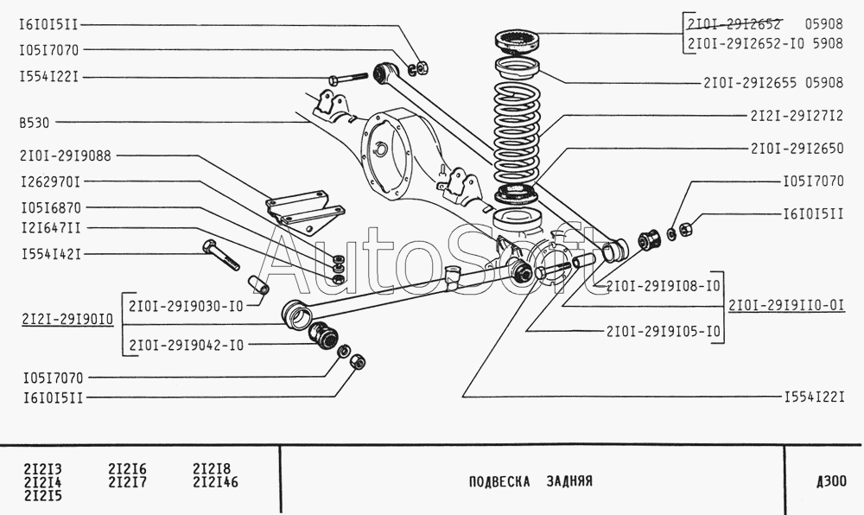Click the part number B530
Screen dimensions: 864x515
coord(35,123)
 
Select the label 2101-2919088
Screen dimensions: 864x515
coord(66,156)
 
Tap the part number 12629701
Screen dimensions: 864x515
coord(51,181)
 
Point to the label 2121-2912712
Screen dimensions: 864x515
coord(797,116)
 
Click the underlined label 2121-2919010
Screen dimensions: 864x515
coord(67,320)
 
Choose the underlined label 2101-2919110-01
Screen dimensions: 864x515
coord(786,305)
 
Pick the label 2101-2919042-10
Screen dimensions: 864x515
coord(187,346)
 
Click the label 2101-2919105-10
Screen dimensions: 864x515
coord(664,332)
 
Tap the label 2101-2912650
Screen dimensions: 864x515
coord(797,149)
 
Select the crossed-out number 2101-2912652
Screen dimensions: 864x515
coord(734,24)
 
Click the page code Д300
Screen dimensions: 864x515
coord(831,481)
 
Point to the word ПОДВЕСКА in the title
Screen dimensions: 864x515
coord(499,482)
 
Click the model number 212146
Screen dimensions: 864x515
coord(215,482)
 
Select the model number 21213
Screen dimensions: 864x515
coord(43,469)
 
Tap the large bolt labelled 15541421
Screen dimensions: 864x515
coord(221,255)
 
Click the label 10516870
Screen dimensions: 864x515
coord(51,208)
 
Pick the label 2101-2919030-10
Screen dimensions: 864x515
coord(187,306)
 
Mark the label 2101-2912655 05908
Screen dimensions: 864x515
coord(773,83)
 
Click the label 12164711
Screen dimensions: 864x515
coord(51,228)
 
